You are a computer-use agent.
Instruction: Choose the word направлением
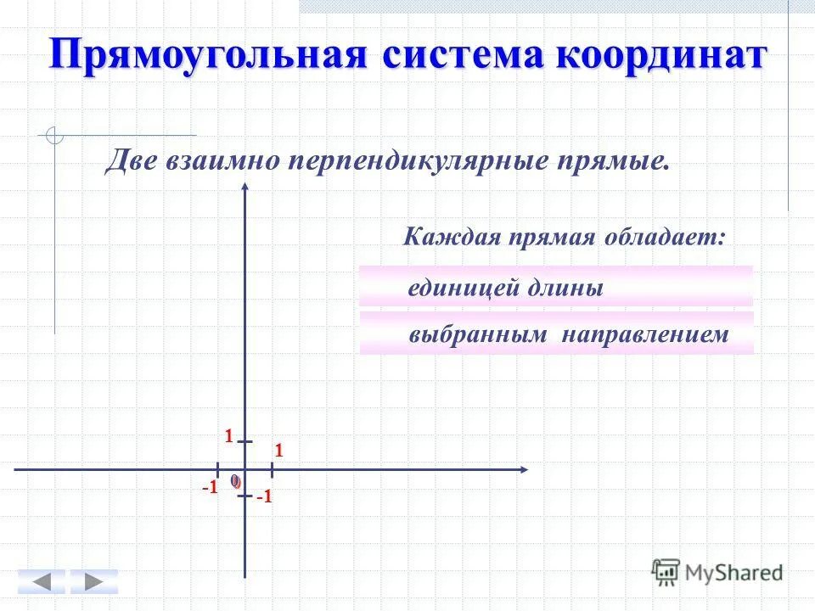point(644,334)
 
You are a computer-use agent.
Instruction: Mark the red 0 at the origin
point(235,481)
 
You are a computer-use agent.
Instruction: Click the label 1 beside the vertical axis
point(228,436)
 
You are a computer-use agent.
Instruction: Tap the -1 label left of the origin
point(211,487)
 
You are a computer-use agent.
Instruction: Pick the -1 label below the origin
point(264,498)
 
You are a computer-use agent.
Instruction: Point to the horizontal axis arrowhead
point(525,468)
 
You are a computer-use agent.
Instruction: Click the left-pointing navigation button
point(41,582)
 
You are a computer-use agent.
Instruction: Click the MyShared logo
point(717,571)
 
